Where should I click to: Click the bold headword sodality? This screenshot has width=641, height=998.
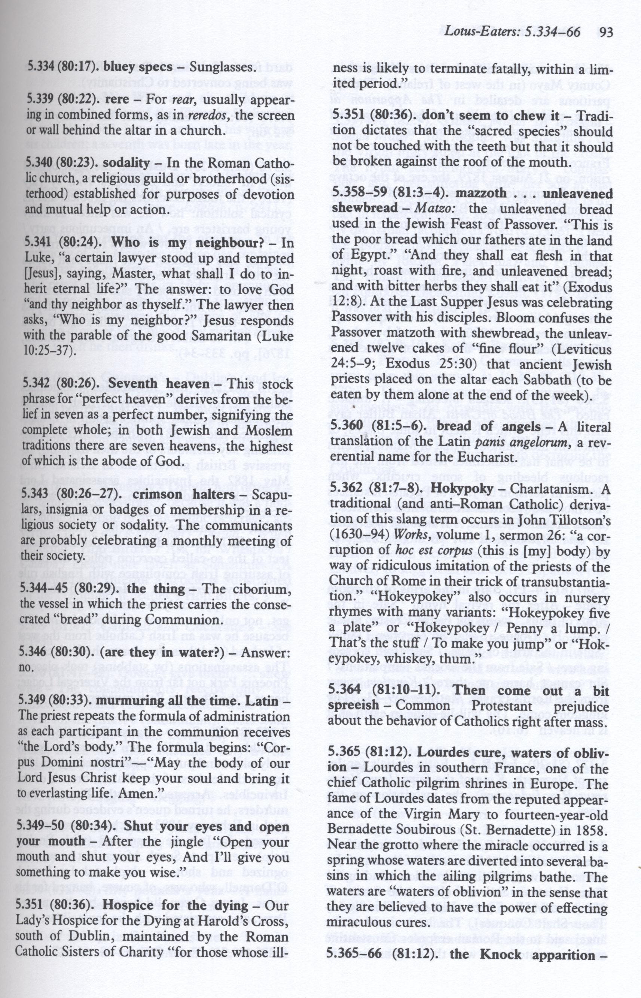click(x=127, y=162)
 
